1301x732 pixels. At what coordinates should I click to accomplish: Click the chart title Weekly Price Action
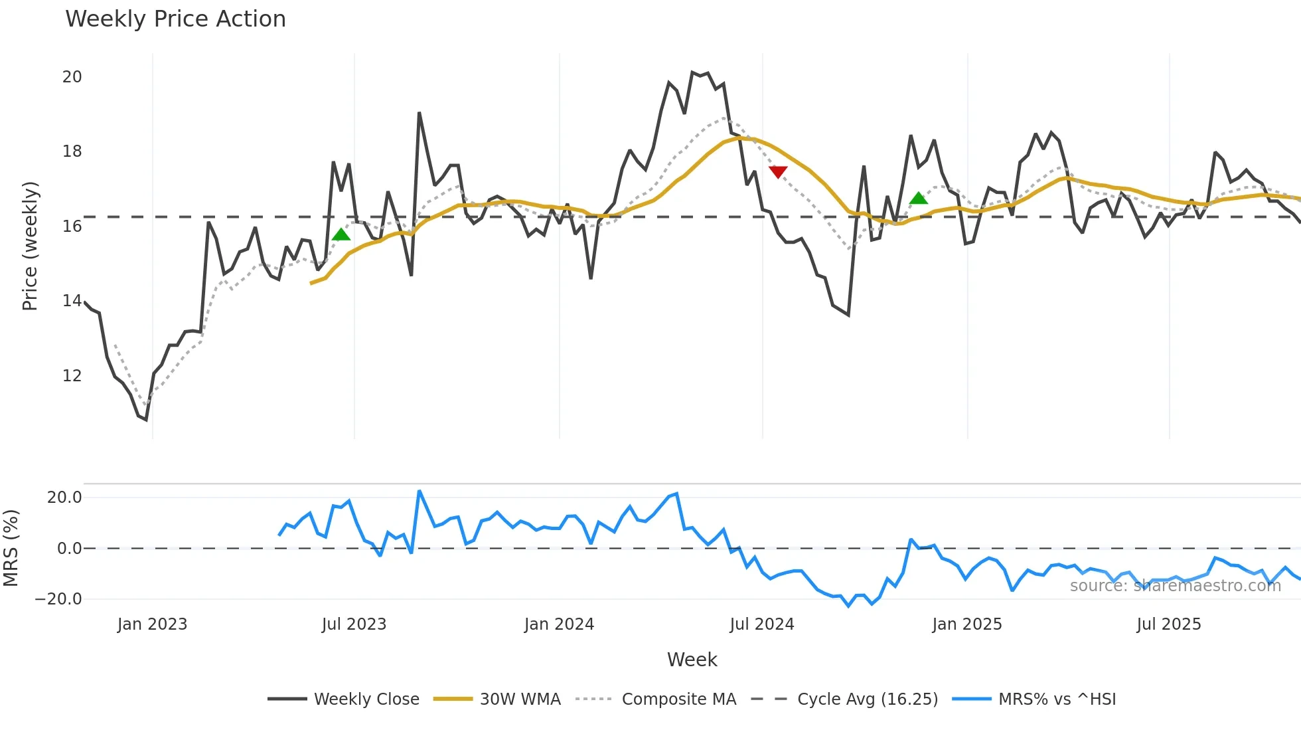pyautogui.click(x=175, y=19)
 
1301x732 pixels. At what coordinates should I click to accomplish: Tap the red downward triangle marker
pyautogui.click(x=778, y=172)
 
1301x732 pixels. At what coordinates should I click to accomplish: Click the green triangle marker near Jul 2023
pyautogui.click(x=341, y=234)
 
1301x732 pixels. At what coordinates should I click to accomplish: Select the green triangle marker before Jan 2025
pyautogui.click(x=918, y=198)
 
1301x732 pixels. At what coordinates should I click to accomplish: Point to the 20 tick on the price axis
pyautogui.click(x=72, y=77)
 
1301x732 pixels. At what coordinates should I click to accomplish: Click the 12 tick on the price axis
pyautogui.click(x=72, y=376)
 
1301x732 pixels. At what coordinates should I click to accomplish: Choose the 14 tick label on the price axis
pyautogui.click(x=72, y=301)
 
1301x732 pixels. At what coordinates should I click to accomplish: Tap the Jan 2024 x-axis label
pyautogui.click(x=559, y=624)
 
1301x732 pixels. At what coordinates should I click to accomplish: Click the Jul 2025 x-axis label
pyautogui.click(x=1168, y=624)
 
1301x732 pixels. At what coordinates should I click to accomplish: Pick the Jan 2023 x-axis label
pyautogui.click(x=152, y=624)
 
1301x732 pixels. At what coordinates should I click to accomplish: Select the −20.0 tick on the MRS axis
pyautogui.click(x=58, y=599)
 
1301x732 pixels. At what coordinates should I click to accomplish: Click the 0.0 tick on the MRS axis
pyautogui.click(x=69, y=549)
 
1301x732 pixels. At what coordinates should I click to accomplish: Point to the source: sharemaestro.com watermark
pyautogui.click(x=1175, y=586)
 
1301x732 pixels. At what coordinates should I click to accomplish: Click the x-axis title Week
pyautogui.click(x=692, y=660)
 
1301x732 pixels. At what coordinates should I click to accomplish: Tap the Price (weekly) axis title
pyautogui.click(x=30, y=246)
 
